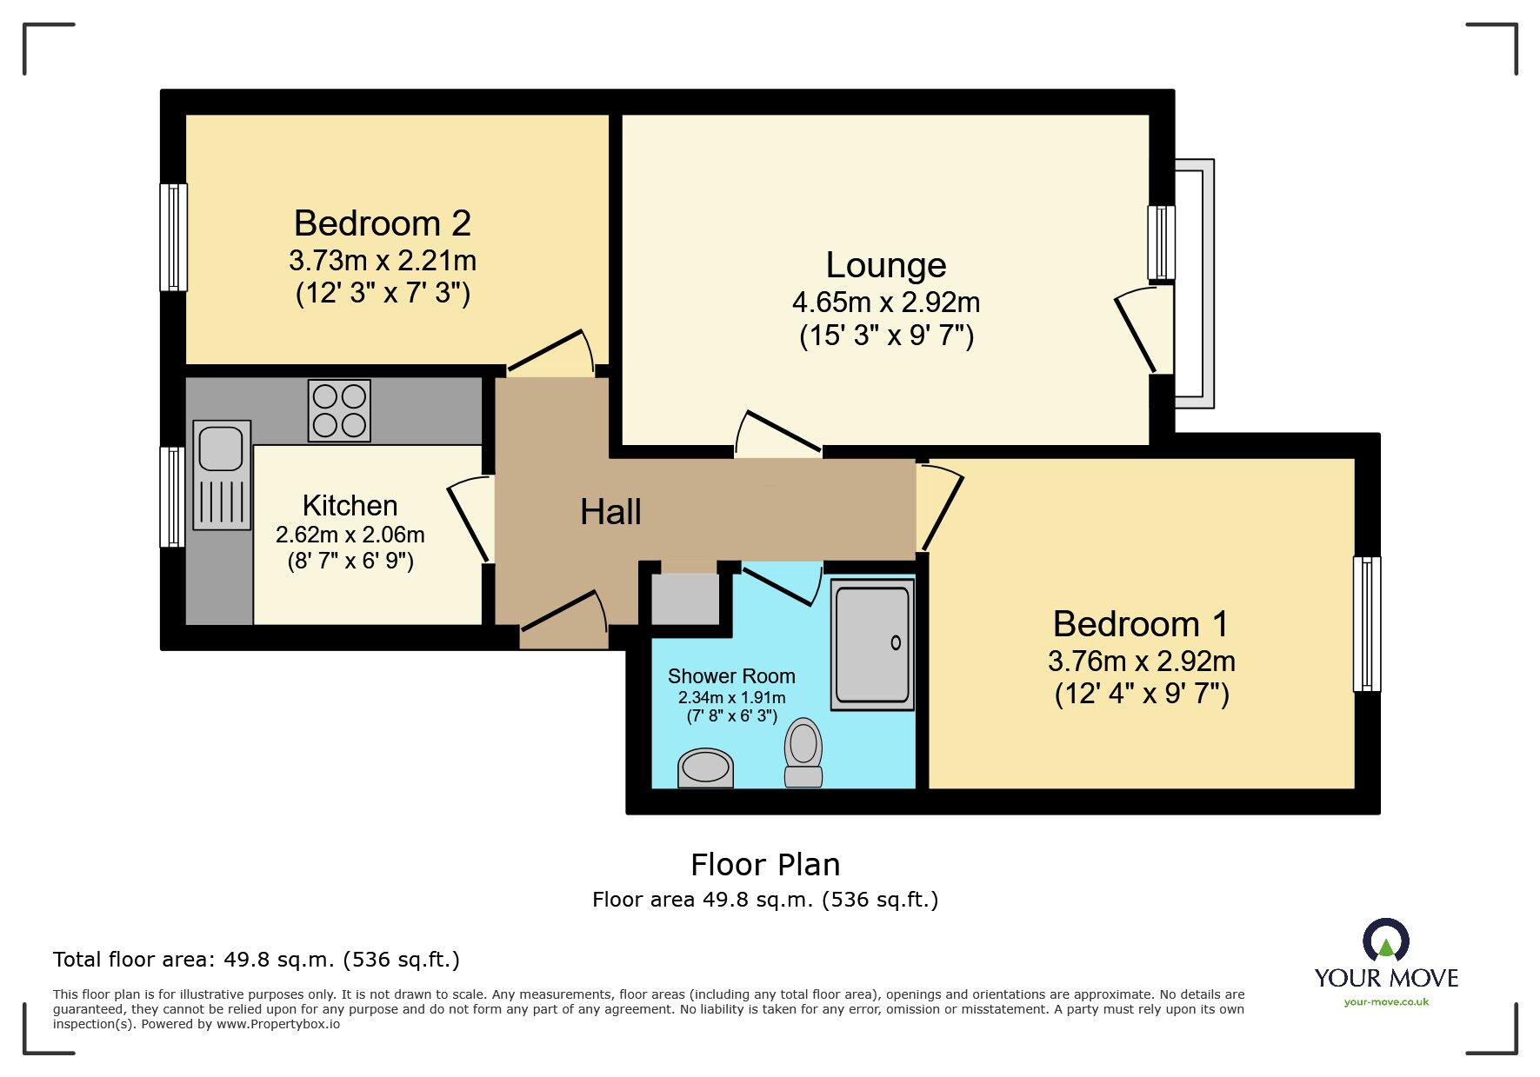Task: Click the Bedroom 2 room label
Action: coord(382,224)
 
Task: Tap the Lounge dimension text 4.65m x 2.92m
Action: coord(885,302)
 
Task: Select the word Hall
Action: coord(610,512)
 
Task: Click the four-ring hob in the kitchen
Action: coord(339,410)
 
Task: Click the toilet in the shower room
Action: coord(803,753)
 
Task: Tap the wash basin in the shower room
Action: coord(705,768)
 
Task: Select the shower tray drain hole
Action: coord(896,643)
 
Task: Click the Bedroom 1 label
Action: coord(1140,624)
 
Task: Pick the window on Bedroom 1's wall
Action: coord(1367,623)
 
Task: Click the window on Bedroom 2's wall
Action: coord(174,236)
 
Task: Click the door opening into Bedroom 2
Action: coord(550,353)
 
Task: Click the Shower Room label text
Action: coord(731,676)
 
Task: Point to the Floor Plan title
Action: coord(765,865)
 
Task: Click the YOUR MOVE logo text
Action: coord(1385,978)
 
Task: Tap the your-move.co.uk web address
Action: coord(1386,1002)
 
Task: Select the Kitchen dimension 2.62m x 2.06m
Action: coord(350,535)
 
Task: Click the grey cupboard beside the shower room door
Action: coord(685,599)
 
